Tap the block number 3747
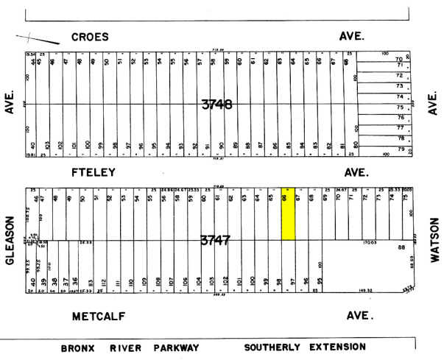215,240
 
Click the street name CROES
90,36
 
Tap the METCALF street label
98,317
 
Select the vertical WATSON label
434,239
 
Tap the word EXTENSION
337,347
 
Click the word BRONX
77,347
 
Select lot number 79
400,150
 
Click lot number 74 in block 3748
400,96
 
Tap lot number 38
55,281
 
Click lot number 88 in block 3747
401,248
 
